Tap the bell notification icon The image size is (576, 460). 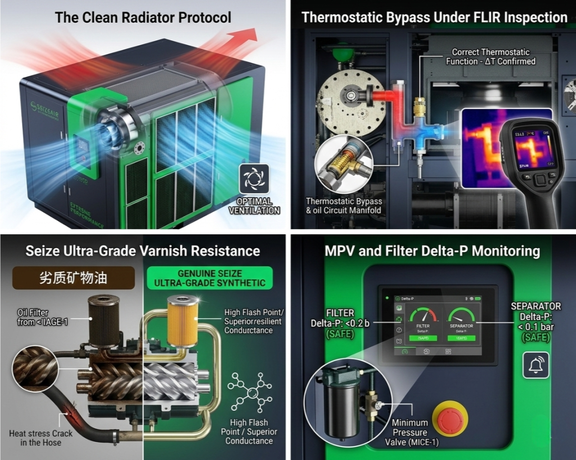click(x=535, y=366)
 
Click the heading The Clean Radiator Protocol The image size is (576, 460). click(x=143, y=17)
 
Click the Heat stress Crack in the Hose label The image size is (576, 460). click(x=41, y=438)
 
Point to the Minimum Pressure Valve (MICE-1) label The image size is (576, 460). click(x=410, y=432)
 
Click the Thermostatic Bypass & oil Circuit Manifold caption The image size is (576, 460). click(x=344, y=206)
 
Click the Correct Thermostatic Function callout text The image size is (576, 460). click(x=490, y=57)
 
